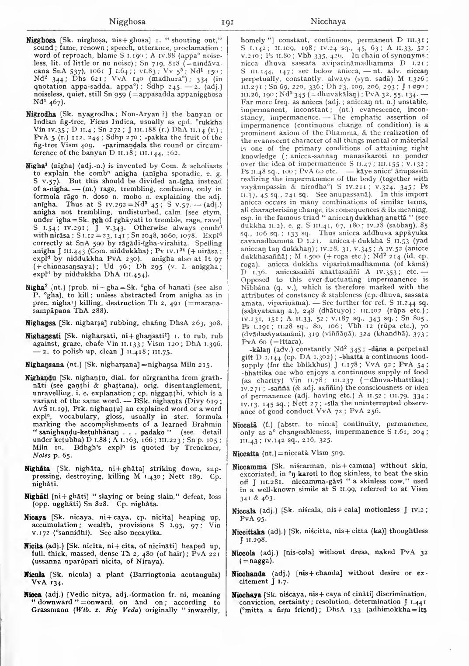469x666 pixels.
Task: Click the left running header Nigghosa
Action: point(127,21)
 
